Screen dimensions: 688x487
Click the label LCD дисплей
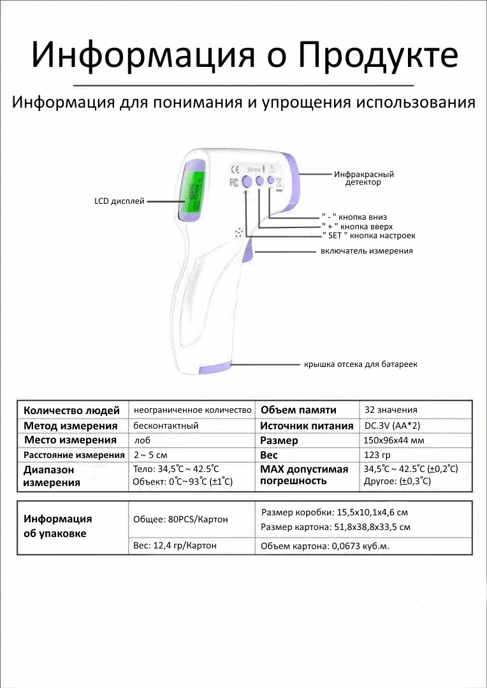119,201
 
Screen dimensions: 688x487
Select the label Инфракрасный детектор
363,178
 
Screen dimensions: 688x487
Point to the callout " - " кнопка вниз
354,217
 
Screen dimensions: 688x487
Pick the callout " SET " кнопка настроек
368,236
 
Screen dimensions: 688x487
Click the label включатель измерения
367,251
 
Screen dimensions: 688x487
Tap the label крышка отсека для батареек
360,364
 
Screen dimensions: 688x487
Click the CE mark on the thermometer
234,169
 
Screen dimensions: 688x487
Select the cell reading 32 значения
391,410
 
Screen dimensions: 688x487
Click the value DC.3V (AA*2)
391,426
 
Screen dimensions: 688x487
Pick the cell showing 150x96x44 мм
393,440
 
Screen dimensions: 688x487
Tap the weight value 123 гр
377,455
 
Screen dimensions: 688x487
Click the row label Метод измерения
71,426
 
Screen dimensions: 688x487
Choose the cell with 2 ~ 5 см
150,455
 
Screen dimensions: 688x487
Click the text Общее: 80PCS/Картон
180,519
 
